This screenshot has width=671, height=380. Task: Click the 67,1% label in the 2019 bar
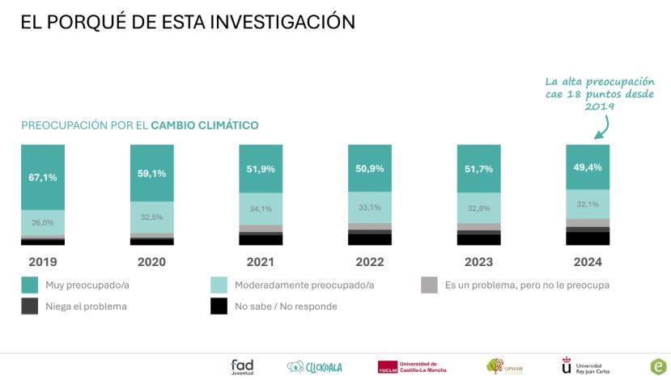point(43,177)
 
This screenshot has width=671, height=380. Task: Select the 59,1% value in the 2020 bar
point(151,172)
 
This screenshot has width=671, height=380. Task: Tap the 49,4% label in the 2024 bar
point(587,167)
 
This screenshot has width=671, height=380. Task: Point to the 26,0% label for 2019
point(43,222)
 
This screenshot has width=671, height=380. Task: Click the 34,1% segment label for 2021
point(261,208)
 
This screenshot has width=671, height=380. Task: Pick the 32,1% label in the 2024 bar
point(587,205)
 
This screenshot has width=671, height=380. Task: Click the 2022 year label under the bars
point(369,262)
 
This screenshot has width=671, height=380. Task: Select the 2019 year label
point(43,262)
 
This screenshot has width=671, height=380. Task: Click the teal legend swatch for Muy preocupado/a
point(29,285)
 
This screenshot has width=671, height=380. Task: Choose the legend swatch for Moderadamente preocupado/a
point(218,285)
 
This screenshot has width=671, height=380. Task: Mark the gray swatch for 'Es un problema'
point(429,285)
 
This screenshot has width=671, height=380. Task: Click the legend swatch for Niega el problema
point(29,306)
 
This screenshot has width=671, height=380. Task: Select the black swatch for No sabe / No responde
point(218,306)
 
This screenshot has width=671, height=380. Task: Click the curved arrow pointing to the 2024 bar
point(602,125)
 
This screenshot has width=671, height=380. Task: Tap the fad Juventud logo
point(242,366)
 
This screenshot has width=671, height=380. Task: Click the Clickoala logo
point(315,367)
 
